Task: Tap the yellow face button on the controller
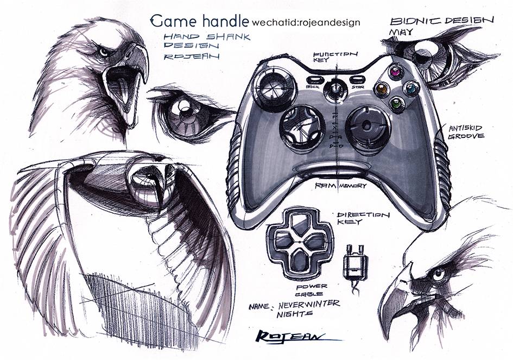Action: click(x=382, y=89)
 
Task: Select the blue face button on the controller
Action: click(x=412, y=88)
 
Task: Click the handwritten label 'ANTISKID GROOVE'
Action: click(x=465, y=132)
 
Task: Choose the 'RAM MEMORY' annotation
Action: click(x=340, y=186)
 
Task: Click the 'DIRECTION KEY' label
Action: click(x=363, y=219)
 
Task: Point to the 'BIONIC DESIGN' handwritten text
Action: click(x=441, y=21)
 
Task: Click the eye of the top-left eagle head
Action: click(x=103, y=52)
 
